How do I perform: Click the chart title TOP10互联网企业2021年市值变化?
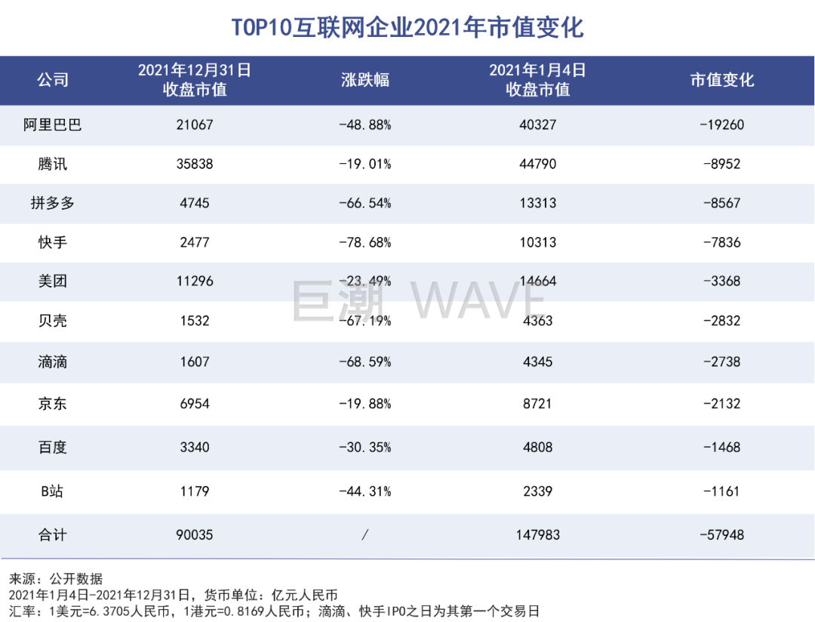(407, 28)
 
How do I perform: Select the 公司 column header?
(53, 79)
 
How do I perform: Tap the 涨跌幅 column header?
(365, 79)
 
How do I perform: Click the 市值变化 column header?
(721, 79)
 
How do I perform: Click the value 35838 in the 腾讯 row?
(195, 164)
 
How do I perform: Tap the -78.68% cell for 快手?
(365, 242)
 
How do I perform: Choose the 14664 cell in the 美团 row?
(537, 282)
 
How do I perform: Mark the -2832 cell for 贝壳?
(721, 321)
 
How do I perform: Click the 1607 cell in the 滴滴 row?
(195, 362)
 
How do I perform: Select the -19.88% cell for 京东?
(365, 404)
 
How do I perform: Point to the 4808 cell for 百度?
(537, 447)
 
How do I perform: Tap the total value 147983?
(537, 535)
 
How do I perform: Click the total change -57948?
(721, 535)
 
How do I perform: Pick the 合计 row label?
(53, 535)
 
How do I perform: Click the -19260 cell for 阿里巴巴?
(721, 125)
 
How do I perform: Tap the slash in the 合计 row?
(365, 535)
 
